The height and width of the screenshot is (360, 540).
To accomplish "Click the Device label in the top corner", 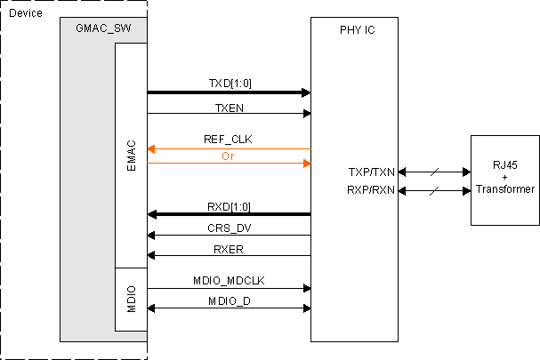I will pyautogui.click(x=24, y=13).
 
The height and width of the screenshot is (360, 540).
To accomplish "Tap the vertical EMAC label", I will pyautogui.click(x=130, y=156).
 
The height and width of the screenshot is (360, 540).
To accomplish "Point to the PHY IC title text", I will pyautogui.click(x=358, y=30).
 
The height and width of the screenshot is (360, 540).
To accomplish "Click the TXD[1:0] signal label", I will pyautogui.click(x=229, y=83).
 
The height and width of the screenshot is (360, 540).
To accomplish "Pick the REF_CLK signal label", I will pyautogui.click(x=229, y=140).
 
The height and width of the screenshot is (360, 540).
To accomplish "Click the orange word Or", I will pyautogui.click(x=229, y=156).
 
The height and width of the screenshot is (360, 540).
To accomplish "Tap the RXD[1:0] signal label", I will pyautogui.click(x=229, y=206).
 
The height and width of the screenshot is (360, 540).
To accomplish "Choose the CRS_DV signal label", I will pyautogui.click(x=229, y=228).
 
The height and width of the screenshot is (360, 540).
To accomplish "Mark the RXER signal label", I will pyautogui.click(x=229, y=248).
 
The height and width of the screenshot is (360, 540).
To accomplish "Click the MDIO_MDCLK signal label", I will pyautogui.click(x=229, y=280).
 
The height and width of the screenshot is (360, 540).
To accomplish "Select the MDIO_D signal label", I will pyautogui.click(x=229, y=301).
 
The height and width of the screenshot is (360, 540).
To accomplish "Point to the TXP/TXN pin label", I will pyautogui.click(x=371, y=172).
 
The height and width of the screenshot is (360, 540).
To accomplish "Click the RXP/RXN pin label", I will pyautogui.click(x=371, y=189).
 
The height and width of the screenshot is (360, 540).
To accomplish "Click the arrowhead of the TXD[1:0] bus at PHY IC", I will pyautogui.click(x=305, y=92).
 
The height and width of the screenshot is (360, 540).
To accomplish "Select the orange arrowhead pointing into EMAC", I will pyautogui.click(x=152, y=148).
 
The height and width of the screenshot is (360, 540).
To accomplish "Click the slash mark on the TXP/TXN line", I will pyautogui.click(x=434, y=172).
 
